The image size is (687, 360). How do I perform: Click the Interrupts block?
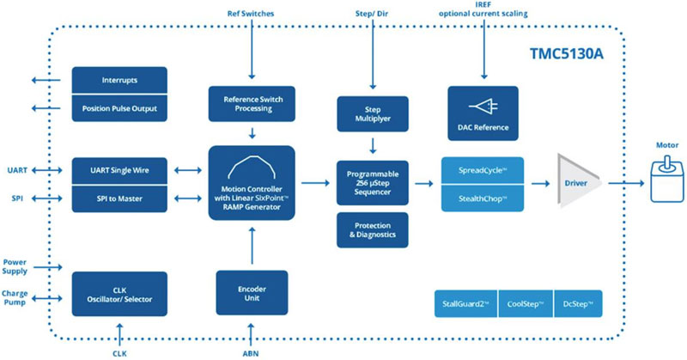(x=120, y=80)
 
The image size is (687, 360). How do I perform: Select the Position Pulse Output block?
(x=120, y=108)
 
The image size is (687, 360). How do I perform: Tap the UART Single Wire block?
(x=120, y=171)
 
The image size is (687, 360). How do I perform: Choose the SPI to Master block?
(x=120, y=199)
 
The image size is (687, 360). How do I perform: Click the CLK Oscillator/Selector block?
(x=120, y=294)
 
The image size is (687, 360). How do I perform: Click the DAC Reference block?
(x=482, y=113)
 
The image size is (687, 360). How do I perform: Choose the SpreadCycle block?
(x=482, y=170)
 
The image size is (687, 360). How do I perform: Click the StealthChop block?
(x=482, y=199)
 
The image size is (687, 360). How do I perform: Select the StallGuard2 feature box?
(x=467, y=302)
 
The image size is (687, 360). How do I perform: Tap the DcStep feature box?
(x=579, y=302)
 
